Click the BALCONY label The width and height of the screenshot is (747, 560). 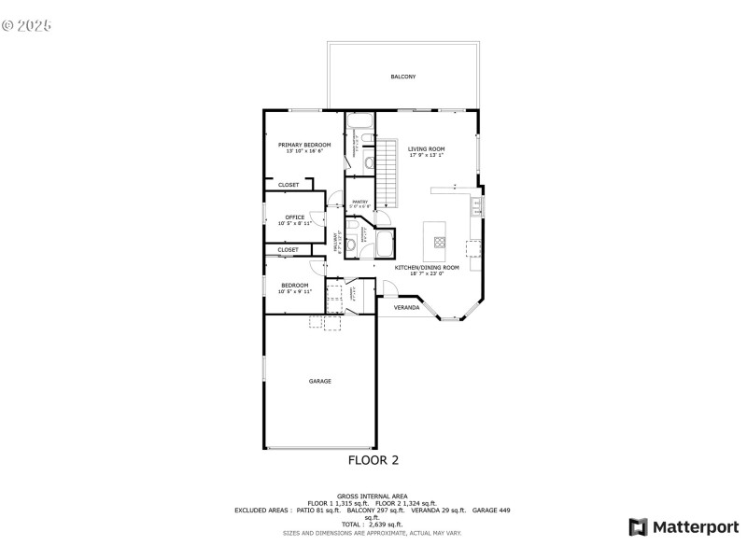tap(402, 77)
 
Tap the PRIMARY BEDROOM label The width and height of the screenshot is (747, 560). tap(304, 145)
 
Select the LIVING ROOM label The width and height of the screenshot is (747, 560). tap(426, 149)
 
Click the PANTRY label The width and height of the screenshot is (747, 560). tap(359, 203)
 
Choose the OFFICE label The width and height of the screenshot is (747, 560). tap(294, 217)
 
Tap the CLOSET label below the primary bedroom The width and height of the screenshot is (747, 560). tap(289, 185)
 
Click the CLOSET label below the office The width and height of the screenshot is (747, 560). tap(288, 250)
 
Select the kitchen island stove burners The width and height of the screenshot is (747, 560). tap(439, 246)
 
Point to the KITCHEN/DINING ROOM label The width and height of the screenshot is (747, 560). tap(425, 268)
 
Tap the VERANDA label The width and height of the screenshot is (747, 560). tap(405, 307)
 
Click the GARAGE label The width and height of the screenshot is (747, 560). tap(320, 381)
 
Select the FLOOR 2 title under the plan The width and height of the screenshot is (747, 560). tap(373, 459)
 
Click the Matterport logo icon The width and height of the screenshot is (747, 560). tap(638, 527)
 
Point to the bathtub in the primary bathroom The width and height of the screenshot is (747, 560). tap(359, 120)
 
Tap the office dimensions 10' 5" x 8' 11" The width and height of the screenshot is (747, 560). tap(294, 224)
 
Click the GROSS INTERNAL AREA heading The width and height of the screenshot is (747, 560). tap(373, 496)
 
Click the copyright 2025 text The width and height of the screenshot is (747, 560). tap(27, 24)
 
